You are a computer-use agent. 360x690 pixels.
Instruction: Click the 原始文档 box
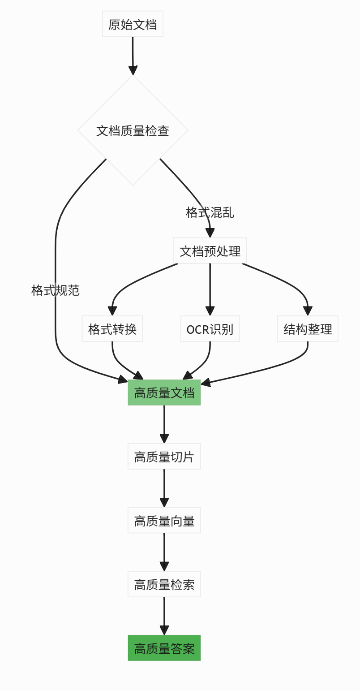click(133, 24)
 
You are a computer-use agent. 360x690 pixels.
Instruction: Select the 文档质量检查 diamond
click(133, 130)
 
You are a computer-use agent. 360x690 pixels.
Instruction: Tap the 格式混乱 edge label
click(210, 212)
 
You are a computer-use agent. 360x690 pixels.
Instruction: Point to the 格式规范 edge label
click(56, 290)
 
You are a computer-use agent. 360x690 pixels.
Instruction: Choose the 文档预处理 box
click(210, 251)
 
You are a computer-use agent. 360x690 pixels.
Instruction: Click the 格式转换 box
click(112, 329)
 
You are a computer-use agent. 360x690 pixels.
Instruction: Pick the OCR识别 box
click(210, 329)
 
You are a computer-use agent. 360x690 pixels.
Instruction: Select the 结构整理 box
click(308, 329)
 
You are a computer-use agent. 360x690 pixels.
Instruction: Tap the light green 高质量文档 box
click(164, 392)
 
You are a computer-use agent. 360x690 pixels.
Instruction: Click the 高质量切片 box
click(164, 457)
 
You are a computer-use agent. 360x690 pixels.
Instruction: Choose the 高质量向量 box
click(164, 520)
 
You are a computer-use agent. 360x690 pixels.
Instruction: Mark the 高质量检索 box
click(164, 584)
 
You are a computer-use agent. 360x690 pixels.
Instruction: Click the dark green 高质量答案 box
click(164, 648)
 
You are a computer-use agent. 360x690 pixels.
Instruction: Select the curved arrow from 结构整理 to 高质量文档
click(278, 366)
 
